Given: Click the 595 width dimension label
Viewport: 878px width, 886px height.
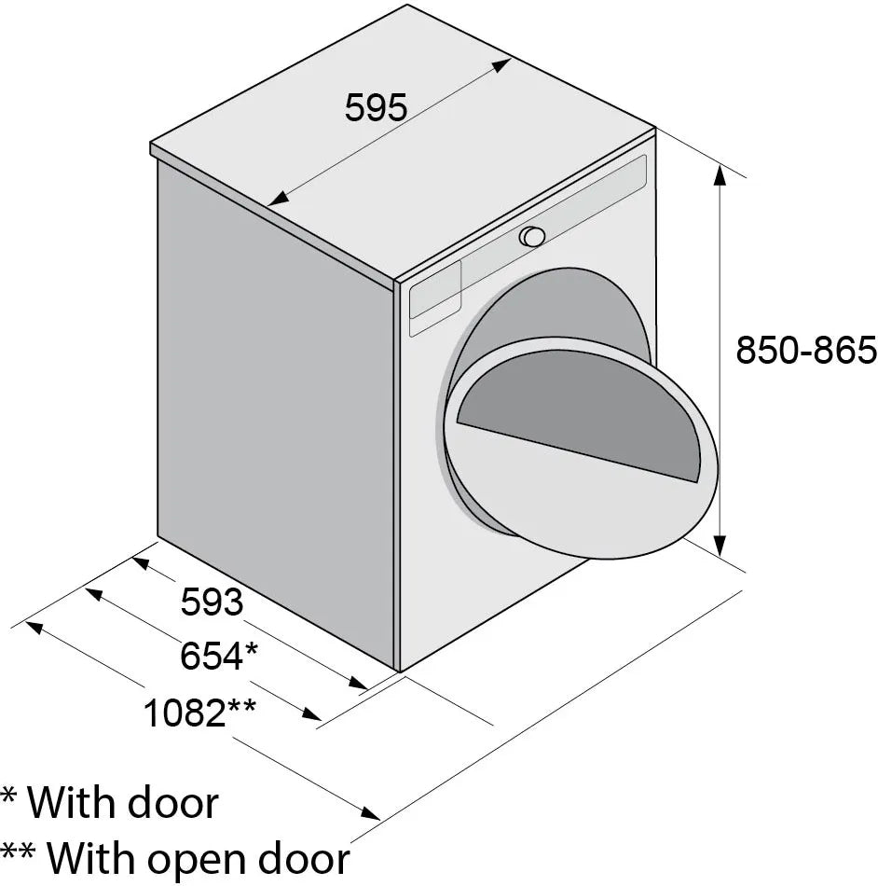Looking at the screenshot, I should (376, 109).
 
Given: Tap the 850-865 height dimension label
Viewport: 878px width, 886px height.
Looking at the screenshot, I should (805, 350).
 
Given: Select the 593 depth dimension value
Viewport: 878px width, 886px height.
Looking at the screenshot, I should (212, 602).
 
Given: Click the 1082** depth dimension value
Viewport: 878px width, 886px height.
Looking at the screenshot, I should (199, 713).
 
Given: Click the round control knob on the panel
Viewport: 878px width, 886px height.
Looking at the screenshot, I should (532, 236).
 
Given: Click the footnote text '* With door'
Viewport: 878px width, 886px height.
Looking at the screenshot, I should (110, 802).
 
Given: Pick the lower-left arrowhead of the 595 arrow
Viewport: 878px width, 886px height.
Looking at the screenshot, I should (274, 201).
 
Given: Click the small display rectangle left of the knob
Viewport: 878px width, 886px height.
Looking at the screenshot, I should (435, 292).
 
